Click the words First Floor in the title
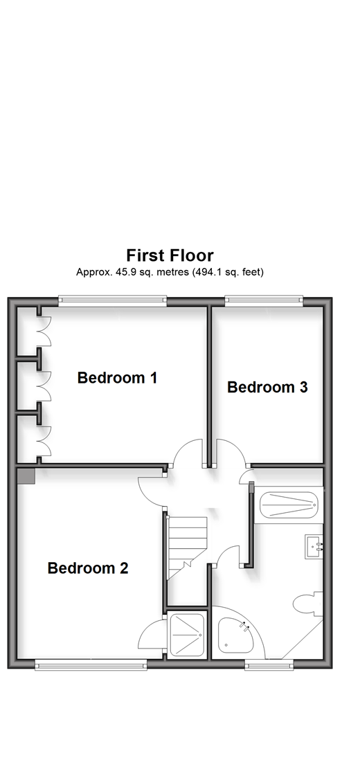click(170, 255)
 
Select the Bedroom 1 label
click(117, 378)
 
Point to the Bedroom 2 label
click(88, 568)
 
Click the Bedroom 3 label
click(267, 387)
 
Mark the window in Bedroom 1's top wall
click(112, 299)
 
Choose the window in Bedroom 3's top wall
click(264, 299)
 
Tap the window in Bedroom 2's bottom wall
click(91, 665)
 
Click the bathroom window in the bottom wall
click(269, 665)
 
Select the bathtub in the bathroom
click(289, 505)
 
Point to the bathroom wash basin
click(314, 547)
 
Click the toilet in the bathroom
click(308, 604)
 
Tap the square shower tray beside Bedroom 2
click(187, 635)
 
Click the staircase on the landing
click(187, 548)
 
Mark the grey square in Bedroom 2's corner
click(26, 476)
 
